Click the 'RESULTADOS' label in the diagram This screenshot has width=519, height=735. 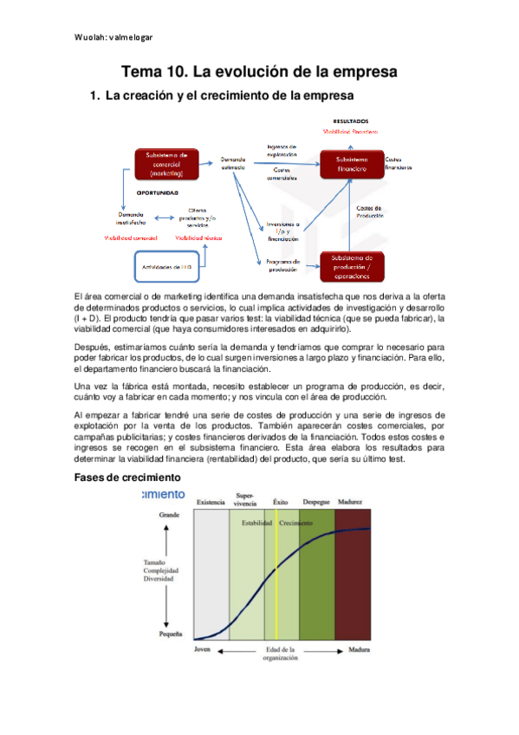[351, 120]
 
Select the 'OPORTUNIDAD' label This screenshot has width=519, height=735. [158, 193]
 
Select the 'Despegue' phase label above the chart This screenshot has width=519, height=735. [316, 503]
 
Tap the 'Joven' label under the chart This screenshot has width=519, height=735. [204, 648]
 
